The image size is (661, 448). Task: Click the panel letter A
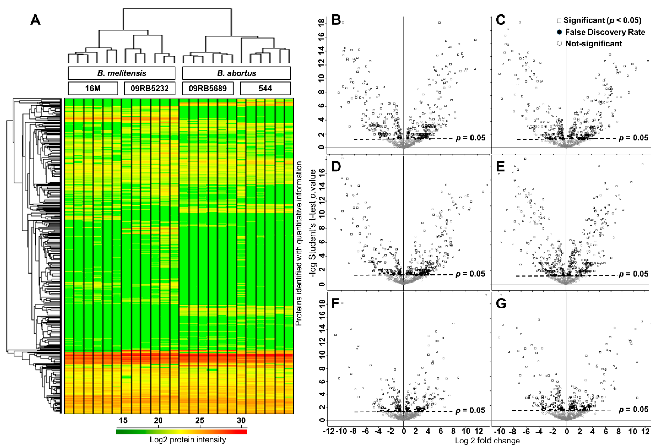35,20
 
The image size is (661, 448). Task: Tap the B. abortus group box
236,73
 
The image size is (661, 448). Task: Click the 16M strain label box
93,88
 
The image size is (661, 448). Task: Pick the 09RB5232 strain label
150,88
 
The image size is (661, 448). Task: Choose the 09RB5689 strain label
208,88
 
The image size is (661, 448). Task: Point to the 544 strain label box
265,88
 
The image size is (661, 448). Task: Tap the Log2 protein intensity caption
188,440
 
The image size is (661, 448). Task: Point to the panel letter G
501,304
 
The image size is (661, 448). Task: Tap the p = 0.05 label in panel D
470,274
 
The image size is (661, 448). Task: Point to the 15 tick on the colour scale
123,420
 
